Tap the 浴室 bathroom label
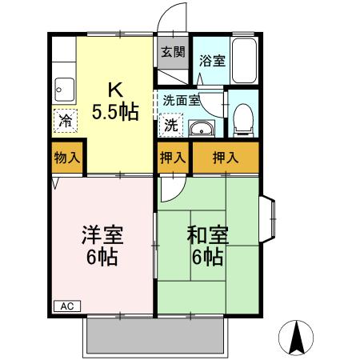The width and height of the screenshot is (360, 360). pyautogui.click(x=211, y=59)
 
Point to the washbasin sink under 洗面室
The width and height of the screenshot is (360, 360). pyautogui.click(x=201, y=128)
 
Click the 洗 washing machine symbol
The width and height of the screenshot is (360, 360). pyautogui.click(x=170, y=126)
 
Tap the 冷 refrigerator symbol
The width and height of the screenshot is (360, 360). pyautogui.click(x=64, y=121)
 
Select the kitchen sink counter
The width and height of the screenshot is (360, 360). pyautogui.click(x=64, y=87)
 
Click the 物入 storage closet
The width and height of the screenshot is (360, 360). pyautogui.click(x=66, y=157)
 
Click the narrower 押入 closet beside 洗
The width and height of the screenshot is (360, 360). pyautogui.click(x=172, y=158)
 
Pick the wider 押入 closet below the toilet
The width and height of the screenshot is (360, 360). pyautogui.click(x=225, y=158)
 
